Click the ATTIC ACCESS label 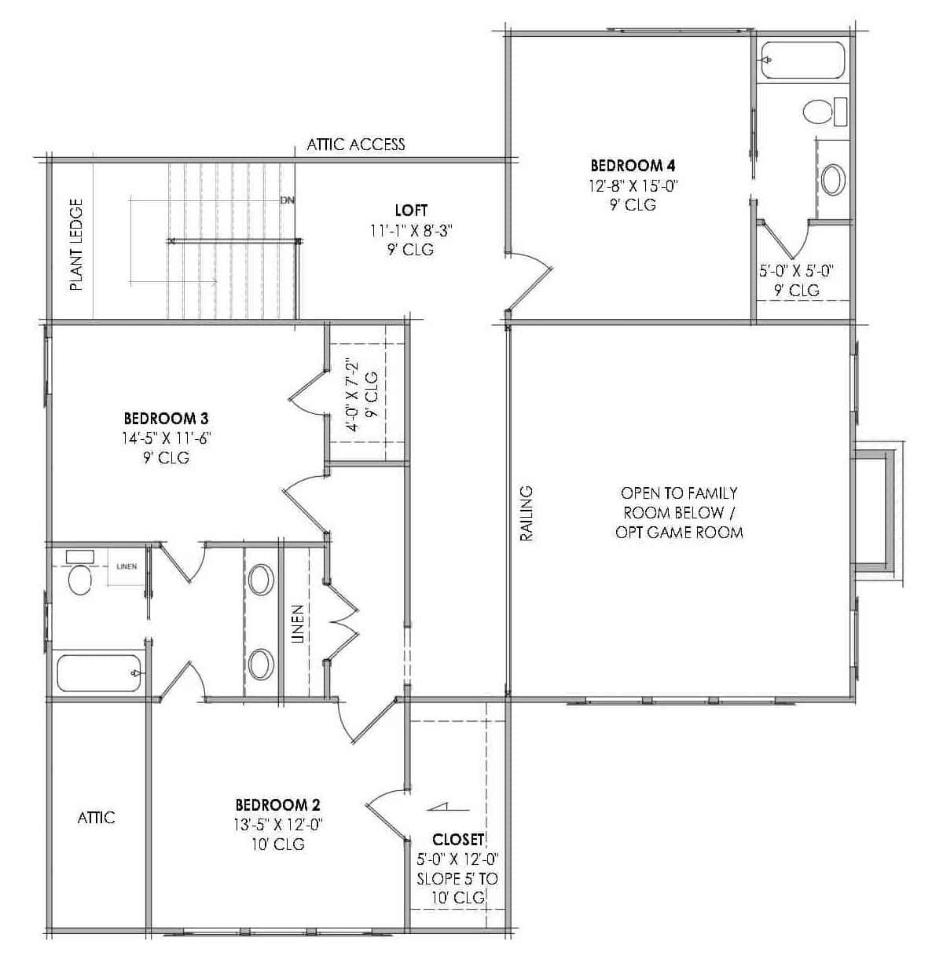click(355, 145)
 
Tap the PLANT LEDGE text click(76, 244)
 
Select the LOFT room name click(411, 211)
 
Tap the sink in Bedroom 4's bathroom click(833, 179)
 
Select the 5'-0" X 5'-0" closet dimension click(796, 271)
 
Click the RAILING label click(527, 513)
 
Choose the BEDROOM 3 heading click(166, 418)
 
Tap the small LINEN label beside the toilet click(127, 566)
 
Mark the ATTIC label click(96, 818)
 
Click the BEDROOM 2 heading click(277, 805)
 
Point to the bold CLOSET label click(457, 840)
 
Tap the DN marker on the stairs click(287, 200)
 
